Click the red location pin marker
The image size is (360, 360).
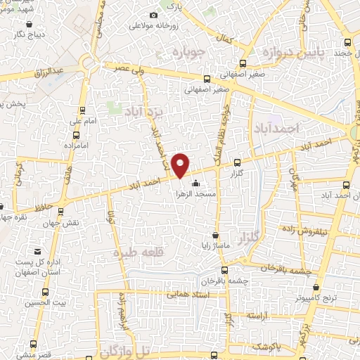[x=181, y=165]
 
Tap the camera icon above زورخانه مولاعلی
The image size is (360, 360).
[x=154, y=15]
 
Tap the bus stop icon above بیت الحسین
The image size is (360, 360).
[x=46, y=292]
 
